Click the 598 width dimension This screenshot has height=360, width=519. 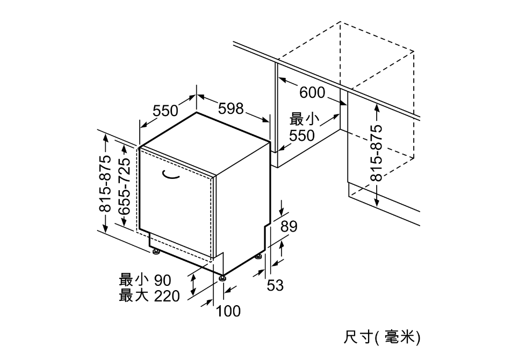click(231, 109)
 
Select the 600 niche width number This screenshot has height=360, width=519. click(313, 92)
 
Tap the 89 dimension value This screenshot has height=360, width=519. click(289, 226)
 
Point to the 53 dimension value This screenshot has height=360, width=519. click(276, 285)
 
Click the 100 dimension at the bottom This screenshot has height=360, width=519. click(228, 311)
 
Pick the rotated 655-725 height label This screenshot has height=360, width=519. click(125, 186)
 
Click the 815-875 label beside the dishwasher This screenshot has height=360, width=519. click(106, 183)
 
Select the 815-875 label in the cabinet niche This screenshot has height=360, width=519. click(376, 153)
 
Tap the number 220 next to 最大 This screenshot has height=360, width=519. click(167, 296)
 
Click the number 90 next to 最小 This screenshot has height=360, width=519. click(163, 280)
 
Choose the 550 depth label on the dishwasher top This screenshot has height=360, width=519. click(165, 111)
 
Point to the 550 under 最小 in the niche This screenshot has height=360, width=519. click(302, 135)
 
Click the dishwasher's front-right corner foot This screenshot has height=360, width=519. click(222, 277)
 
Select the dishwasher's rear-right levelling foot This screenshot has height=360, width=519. click(259, 256)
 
